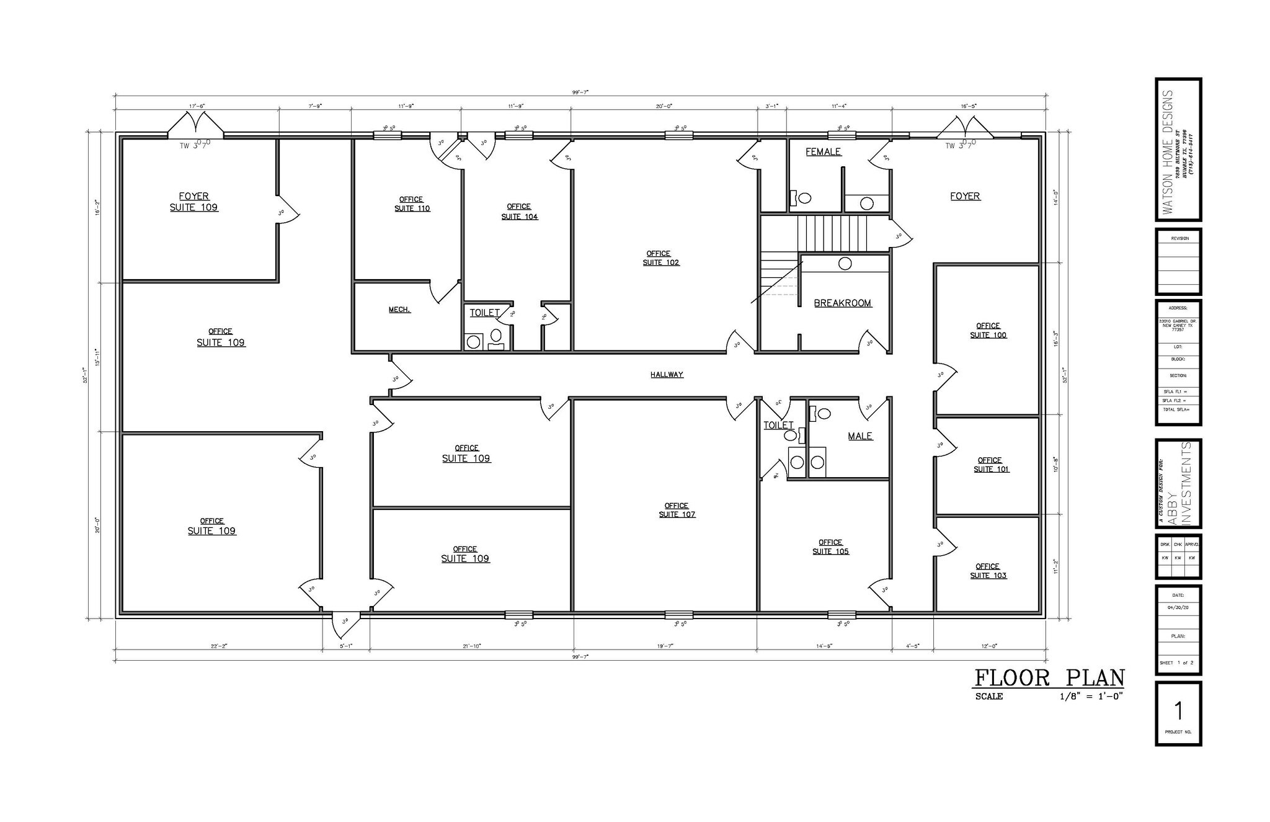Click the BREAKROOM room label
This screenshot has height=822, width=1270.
point(842,303)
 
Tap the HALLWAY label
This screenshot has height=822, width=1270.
point(667,375)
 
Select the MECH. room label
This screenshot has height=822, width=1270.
point(399,310)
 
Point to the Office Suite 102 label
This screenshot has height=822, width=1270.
point(660,258)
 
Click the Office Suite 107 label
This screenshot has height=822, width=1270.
point(677,510)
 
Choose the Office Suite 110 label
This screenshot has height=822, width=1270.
point(412,204)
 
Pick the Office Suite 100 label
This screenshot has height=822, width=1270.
point(988,331)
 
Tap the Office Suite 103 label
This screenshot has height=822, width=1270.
point(988,571)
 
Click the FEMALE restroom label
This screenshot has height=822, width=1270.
point(823,152)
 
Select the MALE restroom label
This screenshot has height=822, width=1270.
point(859,436)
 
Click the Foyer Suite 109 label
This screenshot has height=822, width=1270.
point(194,202)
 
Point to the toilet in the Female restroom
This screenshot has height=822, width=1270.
point(803,198)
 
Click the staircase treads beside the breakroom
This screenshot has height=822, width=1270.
point(831,233)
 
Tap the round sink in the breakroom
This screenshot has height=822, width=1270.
point(845,264)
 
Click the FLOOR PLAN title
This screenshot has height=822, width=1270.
point(1049,677)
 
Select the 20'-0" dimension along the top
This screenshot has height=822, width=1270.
point(664,106)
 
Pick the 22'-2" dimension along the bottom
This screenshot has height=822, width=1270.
point(219,646)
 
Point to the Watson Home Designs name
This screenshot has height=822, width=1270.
point(1168,151)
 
